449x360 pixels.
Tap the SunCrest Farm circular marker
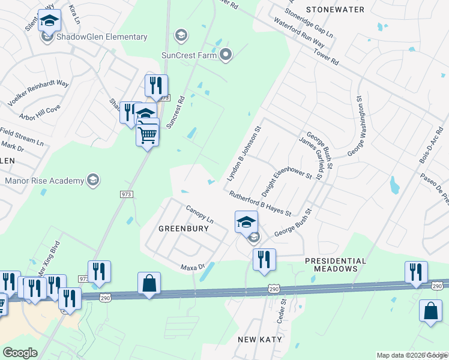click(x=226, y=56)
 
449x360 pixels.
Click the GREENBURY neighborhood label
click(x=183, y=229)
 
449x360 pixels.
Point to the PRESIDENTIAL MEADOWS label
click(x=335, y=265)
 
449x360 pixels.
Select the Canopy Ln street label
click(x=200, y=214)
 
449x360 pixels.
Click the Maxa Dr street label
click(x=193, y=266)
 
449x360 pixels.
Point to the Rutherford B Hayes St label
click(x=259, y=203)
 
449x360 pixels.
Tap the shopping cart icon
click(x=148, y=134)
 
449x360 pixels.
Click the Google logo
click(x=20, y=353)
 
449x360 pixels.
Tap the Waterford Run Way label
click(x=299, y=32)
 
